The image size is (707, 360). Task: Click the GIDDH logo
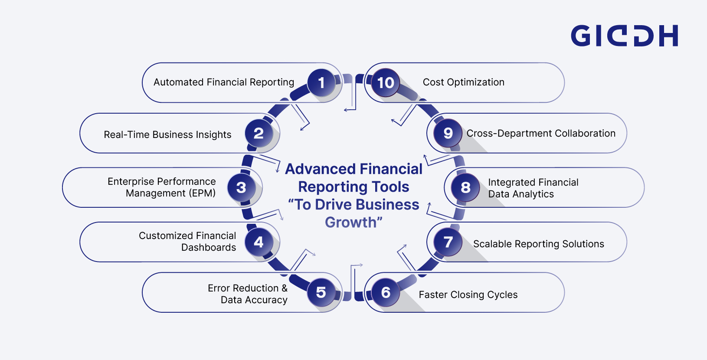[624, 36]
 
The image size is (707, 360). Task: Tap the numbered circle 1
[321, 82]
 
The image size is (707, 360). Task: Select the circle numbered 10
[386, 82]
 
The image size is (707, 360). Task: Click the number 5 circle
[321, 292]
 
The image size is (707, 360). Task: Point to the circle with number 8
[465, 187]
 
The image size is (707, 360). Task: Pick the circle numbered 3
[241, 187]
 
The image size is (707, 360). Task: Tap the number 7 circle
[448, 242]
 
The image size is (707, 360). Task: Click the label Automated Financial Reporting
[224, 82]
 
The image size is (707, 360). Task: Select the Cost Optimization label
[463, 82]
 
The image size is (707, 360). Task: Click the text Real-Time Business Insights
[167, 135]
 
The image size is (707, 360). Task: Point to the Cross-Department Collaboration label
[541, 134]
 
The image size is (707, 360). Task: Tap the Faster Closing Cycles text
[468, 295]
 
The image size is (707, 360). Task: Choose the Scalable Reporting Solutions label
[538, 244]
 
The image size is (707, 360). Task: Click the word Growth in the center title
[351, 223]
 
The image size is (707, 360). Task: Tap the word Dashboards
[209, 248]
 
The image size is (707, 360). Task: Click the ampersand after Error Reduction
[284, 288]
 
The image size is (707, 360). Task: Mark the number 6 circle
[386, 292]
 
